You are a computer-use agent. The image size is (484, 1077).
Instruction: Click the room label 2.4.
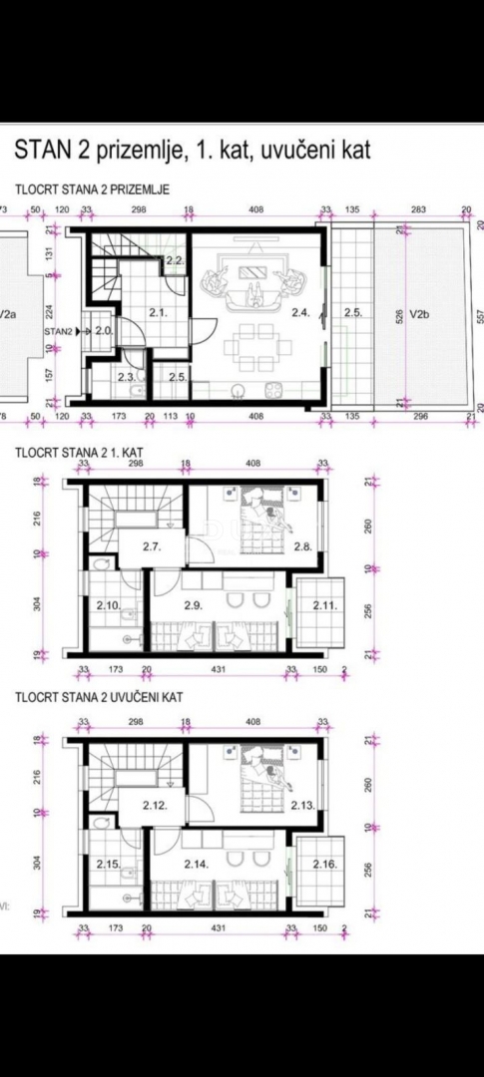point(300,312)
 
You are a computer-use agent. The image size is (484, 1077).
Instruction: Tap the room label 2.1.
point(157,312)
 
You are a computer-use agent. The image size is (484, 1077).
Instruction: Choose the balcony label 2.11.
point(322,605)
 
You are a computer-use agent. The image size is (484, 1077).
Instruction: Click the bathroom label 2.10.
point(109,605)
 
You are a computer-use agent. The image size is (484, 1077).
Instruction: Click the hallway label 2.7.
point(152,546)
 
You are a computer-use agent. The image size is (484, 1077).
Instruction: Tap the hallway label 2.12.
point(154,804)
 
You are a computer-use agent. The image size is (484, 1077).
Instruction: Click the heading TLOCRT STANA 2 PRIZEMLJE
point(91,187)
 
